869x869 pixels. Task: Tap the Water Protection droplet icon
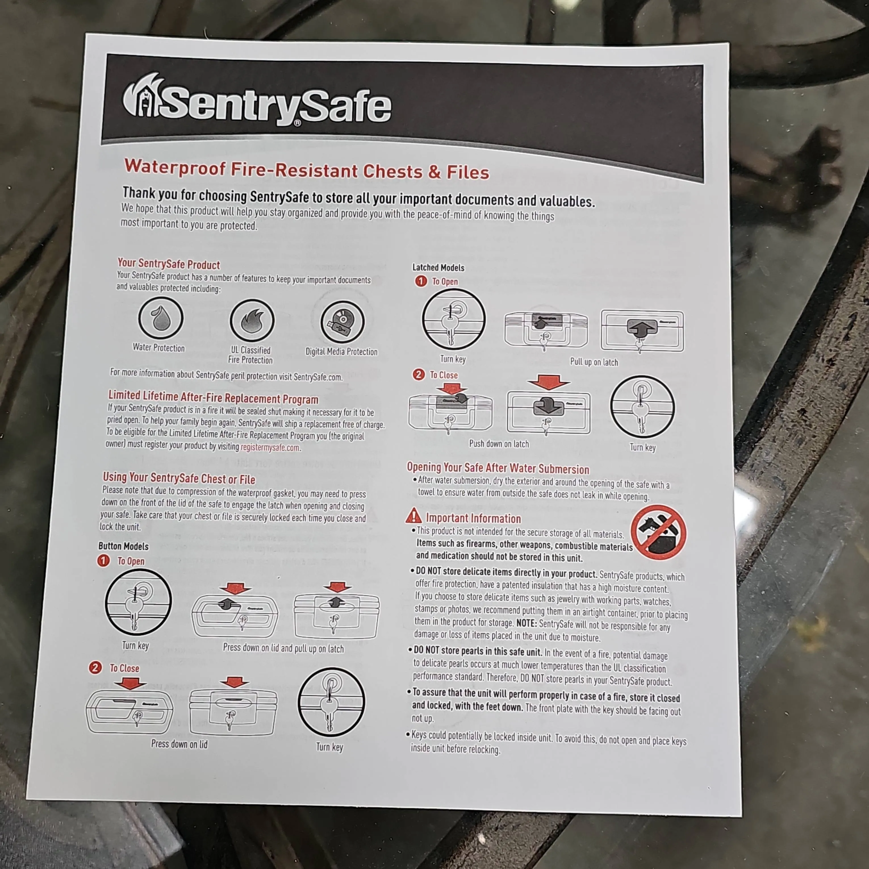click(160, 318)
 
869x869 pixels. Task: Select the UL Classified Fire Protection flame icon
click(252, 320)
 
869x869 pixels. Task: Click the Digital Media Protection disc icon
click(343, 322)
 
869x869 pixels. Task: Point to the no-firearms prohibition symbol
click(659, 532)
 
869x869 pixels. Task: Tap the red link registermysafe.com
click(270, 448)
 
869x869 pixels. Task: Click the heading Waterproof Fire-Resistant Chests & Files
click(307, 170)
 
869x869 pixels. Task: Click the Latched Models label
click(438, 267)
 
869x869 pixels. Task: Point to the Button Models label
click(123, 546)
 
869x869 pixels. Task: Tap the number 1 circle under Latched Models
click(421, 281)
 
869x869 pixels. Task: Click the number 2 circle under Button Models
click(95, 667)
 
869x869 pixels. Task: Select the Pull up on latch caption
click(594, 362)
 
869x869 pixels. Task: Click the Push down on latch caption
click(499, 444)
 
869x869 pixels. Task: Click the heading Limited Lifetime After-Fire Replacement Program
click(213, 397)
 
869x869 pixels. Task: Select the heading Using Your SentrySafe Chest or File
click(179, 478)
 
